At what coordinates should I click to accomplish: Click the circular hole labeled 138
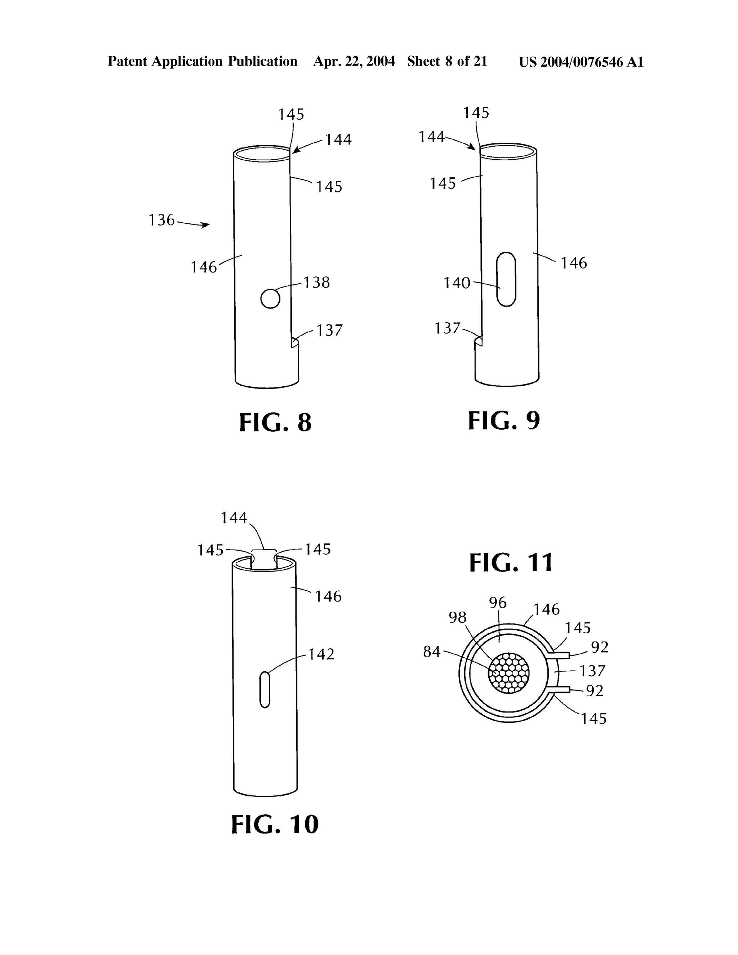[x=270, y=299]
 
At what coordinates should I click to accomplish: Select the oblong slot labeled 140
[x=506, y=279]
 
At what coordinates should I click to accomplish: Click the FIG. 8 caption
[x=275, y=422]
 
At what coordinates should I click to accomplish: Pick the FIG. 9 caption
[x=504, y=421]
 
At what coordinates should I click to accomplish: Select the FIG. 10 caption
[x=275, y=824]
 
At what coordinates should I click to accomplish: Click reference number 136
[x=161, y=220]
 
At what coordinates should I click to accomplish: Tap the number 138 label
[x=316, y=283]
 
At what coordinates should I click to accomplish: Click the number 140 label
[x=457, y=283]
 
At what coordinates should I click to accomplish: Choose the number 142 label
[x=321, y=654]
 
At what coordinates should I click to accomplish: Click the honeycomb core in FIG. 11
[x=508, y=673]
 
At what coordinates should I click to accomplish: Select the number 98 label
[x=458, y=617]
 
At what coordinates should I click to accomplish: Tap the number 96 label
[x=498, y=603]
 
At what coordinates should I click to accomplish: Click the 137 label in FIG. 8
[x=329, y=330]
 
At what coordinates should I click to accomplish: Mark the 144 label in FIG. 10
[x=234, y=518]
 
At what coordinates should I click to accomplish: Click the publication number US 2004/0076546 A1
[x=581, y=62]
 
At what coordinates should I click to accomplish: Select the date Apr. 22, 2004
[x=354, y=61]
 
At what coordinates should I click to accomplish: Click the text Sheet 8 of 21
[x=447, y=61]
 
